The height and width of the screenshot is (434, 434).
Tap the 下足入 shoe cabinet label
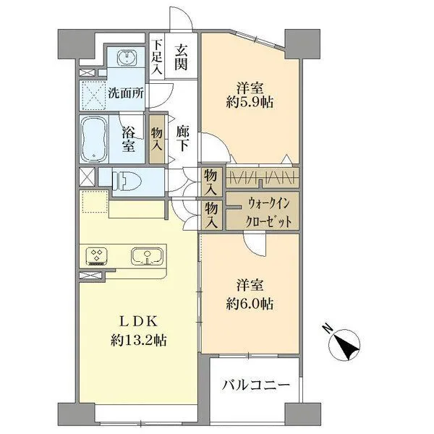(157, 57)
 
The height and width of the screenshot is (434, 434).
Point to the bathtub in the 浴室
(93, 138)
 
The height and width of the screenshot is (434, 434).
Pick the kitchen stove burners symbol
(97, 255)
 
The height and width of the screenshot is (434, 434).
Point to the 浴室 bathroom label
(128, 140)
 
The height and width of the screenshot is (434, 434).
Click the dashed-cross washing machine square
(93, 94)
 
